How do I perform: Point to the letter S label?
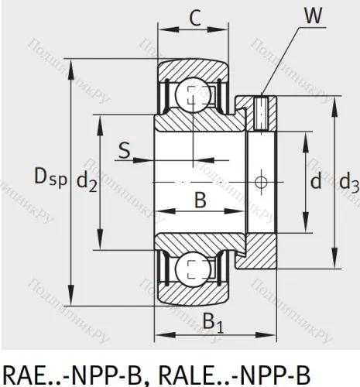124,149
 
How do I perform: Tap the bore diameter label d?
316,183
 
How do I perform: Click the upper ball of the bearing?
188,98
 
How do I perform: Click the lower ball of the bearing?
188,270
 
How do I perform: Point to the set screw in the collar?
263,111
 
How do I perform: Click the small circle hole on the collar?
263,183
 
